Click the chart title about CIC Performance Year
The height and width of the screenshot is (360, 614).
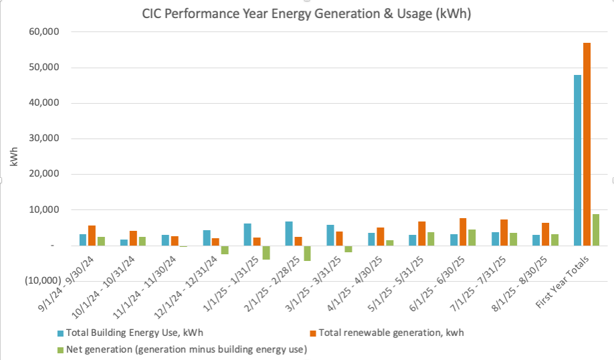(307, 14)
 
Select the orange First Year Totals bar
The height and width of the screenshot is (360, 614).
(587, 144)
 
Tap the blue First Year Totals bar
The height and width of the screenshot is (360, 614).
(577, 160)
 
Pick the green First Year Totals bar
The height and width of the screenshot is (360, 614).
(595, 230)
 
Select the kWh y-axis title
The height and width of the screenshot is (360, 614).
(14, 157)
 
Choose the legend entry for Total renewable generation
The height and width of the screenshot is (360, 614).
(391, 333)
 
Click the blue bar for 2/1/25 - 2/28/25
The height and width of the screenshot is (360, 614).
(289, 234)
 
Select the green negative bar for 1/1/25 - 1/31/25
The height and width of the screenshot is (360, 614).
(266, 252)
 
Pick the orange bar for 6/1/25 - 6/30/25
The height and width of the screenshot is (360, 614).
(463, 232)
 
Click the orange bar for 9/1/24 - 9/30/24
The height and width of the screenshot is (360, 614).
(92, 236)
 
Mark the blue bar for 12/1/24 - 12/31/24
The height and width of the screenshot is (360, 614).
(207, 238)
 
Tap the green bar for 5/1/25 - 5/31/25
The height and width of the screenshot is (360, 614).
(431, 239)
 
